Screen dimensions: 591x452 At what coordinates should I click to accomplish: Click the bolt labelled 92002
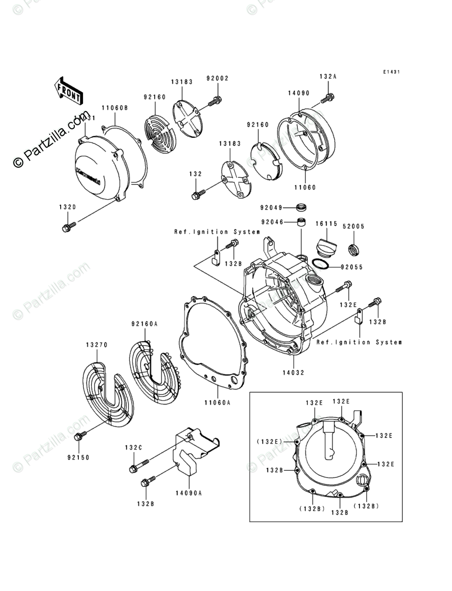pyautogui.click(x=214, y=102)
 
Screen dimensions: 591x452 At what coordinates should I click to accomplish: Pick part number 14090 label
pyautogui.click(x=299, y=93)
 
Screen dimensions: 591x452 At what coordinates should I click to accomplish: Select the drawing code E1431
pyautogui.click(x=391, y=72)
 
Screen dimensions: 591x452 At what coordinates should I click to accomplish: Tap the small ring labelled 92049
pyautogui.click(x=302, y=207)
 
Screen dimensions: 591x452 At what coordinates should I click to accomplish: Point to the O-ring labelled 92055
pyautogui.click(x=320, y=266)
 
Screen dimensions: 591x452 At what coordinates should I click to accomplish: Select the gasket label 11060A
pyautogui.click(x=217, y=403)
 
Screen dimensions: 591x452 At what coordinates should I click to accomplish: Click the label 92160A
pyautogui.click(x=144, y=323)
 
